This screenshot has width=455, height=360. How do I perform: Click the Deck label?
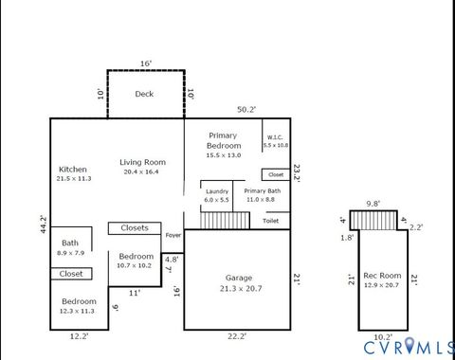click(144, 94)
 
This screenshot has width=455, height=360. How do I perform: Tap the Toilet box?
click(270, 221)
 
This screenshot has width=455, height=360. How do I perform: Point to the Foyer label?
click(173, 235)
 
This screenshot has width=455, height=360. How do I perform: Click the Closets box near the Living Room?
click(135, 227)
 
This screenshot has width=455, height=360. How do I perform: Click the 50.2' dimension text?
click(246, 110)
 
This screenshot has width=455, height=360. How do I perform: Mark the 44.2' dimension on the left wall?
click(43, 225)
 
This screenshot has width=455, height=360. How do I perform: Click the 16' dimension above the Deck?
click(145, 63)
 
